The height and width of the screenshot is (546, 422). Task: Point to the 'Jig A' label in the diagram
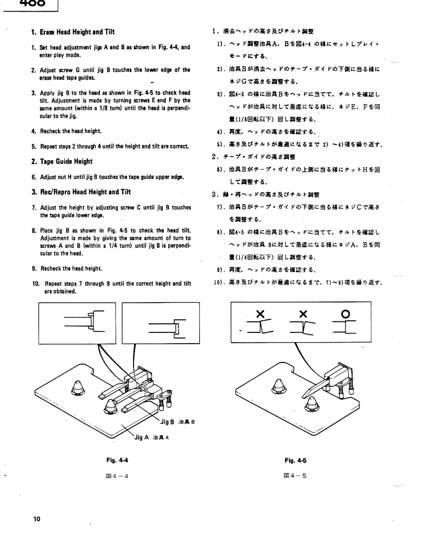[x=142, y=437]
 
